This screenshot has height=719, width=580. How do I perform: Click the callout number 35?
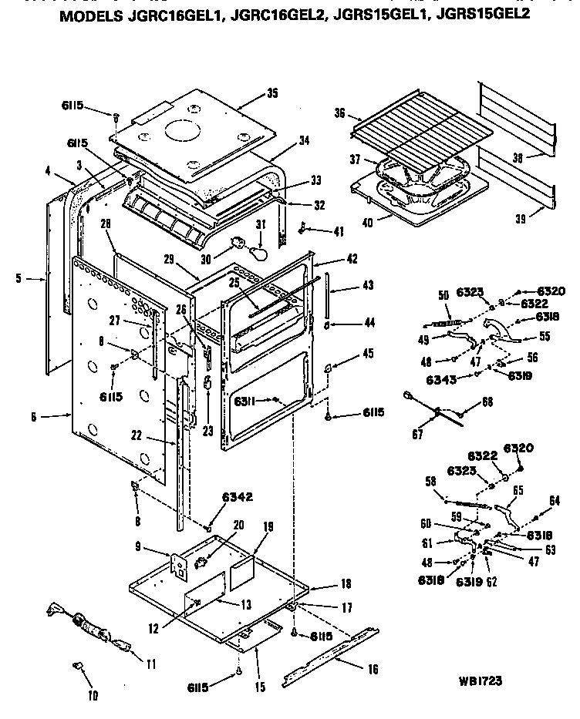click(x=272, y=93)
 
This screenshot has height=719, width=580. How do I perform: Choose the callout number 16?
click(x=373, y=670)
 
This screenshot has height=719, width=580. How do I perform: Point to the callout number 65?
click(x=518, y=489)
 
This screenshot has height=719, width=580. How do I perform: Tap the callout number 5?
click(x=19, y=278)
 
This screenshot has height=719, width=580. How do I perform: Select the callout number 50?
click(x=421, y=295)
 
